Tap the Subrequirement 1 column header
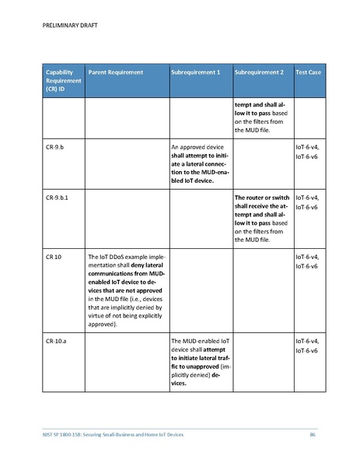point(195,72)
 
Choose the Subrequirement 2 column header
point(259,72)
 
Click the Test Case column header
point(308,72)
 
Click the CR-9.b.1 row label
point(58,198)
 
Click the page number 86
point(313,434)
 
